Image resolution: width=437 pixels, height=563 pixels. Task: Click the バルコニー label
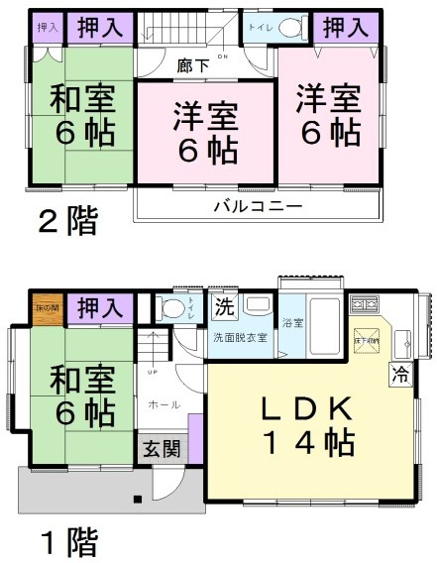(256, 207)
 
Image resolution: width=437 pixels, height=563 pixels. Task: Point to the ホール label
(163, 404)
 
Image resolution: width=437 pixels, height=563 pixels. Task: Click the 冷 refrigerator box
(400, 375)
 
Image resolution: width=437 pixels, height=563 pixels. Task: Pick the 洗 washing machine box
(223, 306)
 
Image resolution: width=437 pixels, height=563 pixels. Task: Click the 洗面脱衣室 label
(240, 338)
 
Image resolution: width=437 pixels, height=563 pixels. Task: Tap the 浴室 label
(291, 323)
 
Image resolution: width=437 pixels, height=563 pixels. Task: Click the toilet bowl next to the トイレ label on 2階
(289, 29)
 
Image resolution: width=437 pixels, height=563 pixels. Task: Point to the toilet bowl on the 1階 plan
(174, 306)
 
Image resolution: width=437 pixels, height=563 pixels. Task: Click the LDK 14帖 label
(306, 426)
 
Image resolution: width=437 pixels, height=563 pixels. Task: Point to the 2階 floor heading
(67, 220)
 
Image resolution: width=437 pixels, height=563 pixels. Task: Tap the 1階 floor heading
(67, 543)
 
